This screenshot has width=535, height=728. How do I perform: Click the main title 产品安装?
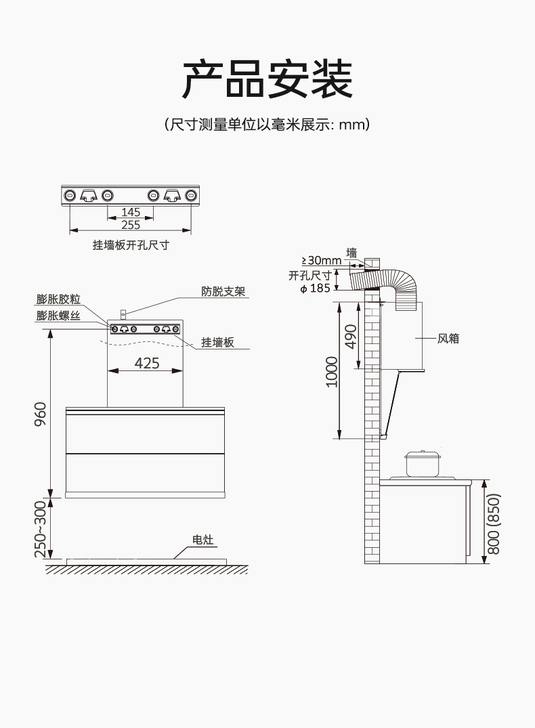(267, 79)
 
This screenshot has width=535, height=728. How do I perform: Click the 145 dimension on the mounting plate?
(131, 213)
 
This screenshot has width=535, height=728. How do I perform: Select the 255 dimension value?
(131, 225)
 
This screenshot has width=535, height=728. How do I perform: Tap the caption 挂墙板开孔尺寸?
(131, 245)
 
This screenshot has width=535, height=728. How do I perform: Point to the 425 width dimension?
(147, 363)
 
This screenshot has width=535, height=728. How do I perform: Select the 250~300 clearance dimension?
(40, 530)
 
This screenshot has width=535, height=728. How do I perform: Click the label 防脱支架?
(223, 292)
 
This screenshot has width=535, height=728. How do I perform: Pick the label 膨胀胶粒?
(59, 299)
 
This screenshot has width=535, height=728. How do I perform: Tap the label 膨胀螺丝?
(59, 316)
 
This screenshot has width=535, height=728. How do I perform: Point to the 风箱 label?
(448, 338)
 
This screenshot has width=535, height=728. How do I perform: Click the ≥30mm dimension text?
(321, 261)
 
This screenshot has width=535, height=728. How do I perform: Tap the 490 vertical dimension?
(351, 336)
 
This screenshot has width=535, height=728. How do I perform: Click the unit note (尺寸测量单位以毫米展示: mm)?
(267, 125)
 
